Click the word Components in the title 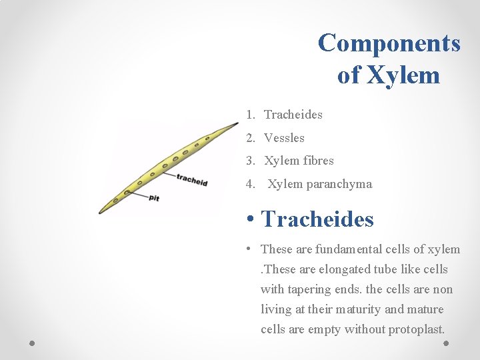pyautogui.click(x=389, y=43)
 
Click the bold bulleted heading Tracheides pyautogui.click(x=317, y=219)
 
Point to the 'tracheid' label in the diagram pyautogui.click(x=193, y=179)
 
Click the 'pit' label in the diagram pyautogui.click(x=154, y=197)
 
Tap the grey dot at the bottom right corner pyautogui.click(x=446, y=343)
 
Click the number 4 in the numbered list pyautogui.click(x=249, y=184)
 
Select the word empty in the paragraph pyautogui.click(x=323, y=329)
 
